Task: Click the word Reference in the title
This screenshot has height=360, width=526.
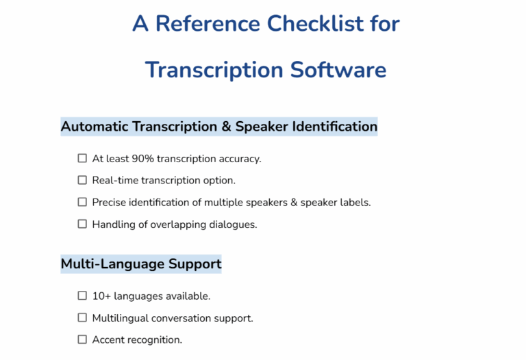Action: (x=207, y=24)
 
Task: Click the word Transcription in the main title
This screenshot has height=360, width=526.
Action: (x=214, y=70)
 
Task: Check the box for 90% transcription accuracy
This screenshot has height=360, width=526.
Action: (x=82, y=158)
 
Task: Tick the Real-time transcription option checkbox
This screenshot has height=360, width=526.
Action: (x=82, y=180)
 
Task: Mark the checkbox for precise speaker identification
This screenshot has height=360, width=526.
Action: (x=82, y=202)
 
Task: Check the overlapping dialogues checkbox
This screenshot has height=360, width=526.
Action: (x=82, y=224)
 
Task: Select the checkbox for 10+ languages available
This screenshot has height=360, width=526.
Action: (x=82, y=296)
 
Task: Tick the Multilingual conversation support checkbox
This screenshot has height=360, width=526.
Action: (x=82, y=318)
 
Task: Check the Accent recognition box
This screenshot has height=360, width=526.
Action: (x=82, y=339)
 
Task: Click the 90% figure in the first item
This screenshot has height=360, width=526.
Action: (x=143, y=159)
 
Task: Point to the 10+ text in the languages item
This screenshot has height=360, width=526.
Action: (x=101, y=296)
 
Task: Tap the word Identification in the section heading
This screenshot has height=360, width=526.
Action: (x=335, y=127)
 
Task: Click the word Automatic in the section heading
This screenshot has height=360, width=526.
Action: (x=95, y=127)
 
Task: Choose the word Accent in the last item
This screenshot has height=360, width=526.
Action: (x=108, y=340)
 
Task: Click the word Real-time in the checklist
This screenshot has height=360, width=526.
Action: (x=115, y=181)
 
